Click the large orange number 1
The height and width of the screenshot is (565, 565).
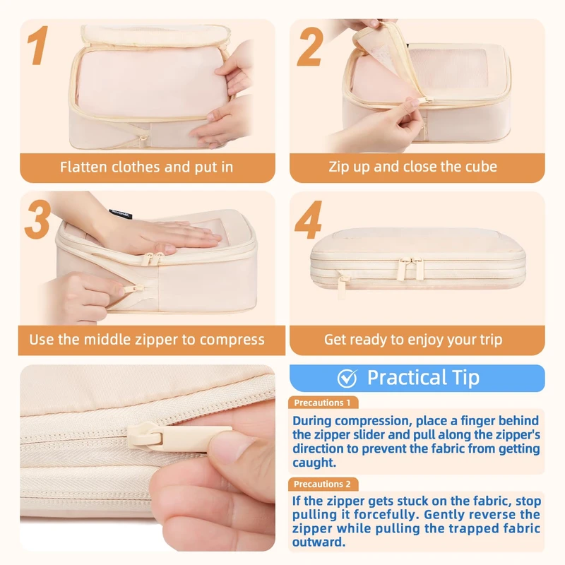pyautogui.click(x=39, y=45)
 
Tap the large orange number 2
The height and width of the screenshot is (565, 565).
pyautogui.click(x=310, y=47)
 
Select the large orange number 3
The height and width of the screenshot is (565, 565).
pyautogui.click(x=37, y=219)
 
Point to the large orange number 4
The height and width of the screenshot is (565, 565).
pyautogui.click(x=309, y=220)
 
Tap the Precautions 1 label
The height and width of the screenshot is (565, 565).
pyautogui.click(x=322, y=403)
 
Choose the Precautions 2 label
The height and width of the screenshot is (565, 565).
pyautogui.click(x=322, y=484)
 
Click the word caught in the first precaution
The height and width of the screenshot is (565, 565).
pyautogui.click(x=314, y=463)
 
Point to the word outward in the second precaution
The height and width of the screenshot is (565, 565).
pyautogui.click(x=319, y=542)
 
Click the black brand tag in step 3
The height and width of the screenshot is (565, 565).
pyautogui.click(x=120, y=214)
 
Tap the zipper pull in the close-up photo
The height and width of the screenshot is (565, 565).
pyautogui.click(x=180, y=437)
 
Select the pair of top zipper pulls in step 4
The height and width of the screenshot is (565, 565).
pyautogui.click(x=410, y=268)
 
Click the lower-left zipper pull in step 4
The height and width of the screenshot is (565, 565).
pyautogui.click(x=343, y=287)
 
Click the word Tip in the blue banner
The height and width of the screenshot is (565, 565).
pyautogui.click(x=465, y=378)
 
